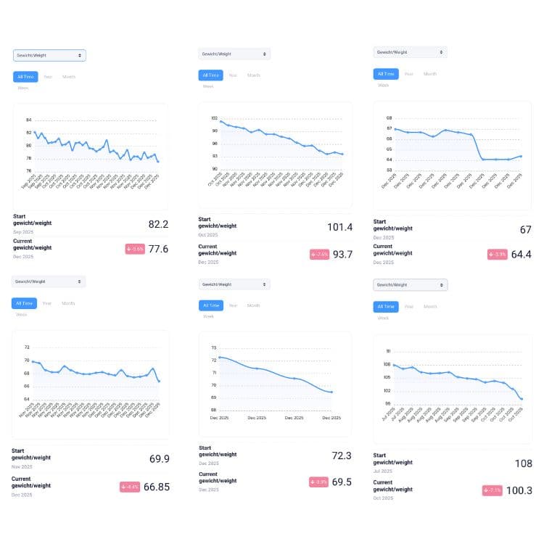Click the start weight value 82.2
tap(157, 224)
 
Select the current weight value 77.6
tap(157, 249)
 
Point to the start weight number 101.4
tap(339, 228)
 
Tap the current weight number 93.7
tap(342, 254)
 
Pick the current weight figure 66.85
tap(157, 487)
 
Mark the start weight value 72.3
tap(342, 455)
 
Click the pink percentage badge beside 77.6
tap(134, 249)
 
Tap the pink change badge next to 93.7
tap(319, 255)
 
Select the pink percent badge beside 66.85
tap(129, 487)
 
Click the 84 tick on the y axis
tap(29, 120)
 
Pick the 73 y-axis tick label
tap(214, 348)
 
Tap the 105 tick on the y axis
tap(388, 377)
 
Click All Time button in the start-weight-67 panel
tap(385, 74)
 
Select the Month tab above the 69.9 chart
tap(68, 303)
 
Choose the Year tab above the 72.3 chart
tap(233, 305)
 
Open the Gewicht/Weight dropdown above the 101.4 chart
tap(234, 54)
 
